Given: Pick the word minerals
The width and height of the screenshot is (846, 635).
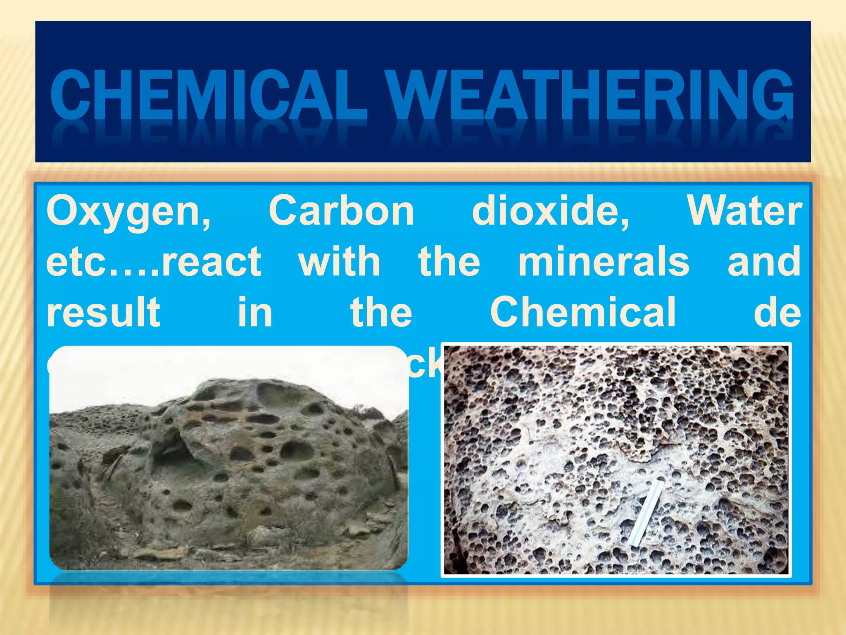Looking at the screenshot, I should [604, 261].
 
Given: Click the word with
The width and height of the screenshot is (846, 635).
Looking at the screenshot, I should [339, 261].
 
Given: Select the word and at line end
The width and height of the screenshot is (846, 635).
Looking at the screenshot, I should [764, 261].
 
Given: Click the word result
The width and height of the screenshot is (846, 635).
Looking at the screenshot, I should [103, 312].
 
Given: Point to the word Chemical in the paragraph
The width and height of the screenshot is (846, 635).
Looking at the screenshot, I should [583, 312].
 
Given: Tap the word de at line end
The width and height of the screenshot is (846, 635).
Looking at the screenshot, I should [777, 313].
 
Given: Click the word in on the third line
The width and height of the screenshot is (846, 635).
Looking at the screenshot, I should [255, 312].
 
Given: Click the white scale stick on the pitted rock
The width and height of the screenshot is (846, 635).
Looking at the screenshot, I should [646, 513].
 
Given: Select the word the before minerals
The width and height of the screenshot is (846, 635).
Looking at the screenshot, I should [449, 261].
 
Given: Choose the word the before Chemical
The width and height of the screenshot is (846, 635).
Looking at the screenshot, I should [381, 312].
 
